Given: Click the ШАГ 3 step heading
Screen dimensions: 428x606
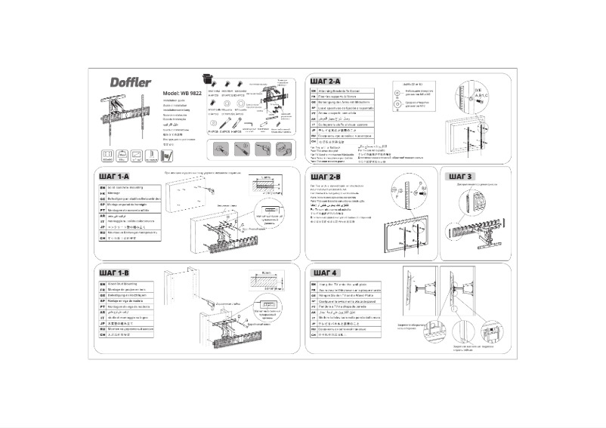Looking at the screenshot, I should (x=460, y=177).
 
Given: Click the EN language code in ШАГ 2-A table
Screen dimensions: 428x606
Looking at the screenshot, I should (x=314, y=91).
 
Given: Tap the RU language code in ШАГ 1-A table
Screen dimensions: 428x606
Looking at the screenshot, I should (x=103, y=233).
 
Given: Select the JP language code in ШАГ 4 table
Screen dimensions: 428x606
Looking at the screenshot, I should (x=314, y=322).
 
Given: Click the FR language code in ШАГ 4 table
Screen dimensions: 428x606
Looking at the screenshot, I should (x=314, y=290).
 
